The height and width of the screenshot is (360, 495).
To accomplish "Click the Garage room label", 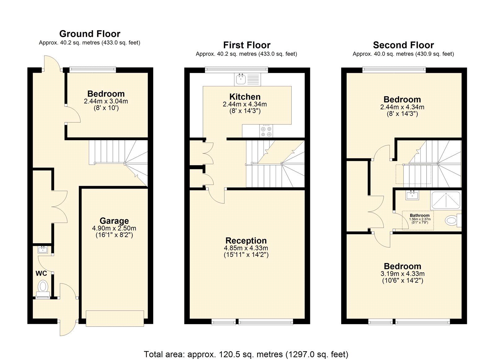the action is click(114, 221).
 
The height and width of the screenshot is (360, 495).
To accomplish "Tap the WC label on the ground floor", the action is click(41, 274).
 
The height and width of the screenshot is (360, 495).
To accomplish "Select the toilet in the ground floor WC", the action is click(43, 289).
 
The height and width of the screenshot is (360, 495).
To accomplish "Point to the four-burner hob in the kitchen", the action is click(266, 131).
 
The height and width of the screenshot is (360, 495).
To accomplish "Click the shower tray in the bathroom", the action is click(446, 200).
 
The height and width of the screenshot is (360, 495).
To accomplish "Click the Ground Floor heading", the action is click(90, 34).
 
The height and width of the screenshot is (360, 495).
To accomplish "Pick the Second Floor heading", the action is click(403, 45).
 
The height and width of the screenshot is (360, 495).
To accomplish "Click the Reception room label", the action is click(246, 241).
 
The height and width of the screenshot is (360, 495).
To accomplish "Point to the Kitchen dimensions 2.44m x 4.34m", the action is click(245, 104).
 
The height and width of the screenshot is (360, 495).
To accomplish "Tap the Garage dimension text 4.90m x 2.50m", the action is click(114, 228).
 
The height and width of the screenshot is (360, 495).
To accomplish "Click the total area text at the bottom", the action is click(246, 348).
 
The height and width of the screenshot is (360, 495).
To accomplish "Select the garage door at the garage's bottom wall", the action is click(115, 319).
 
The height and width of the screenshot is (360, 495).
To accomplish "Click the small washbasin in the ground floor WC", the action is click(43, 250).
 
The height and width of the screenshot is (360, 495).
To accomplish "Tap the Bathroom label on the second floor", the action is click(420, 215).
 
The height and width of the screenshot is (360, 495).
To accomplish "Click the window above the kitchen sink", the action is click(236, 70).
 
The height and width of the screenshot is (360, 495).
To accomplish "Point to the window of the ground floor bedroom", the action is click(93, 70).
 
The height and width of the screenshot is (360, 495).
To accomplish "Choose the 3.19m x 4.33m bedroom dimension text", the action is click(402, 274).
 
